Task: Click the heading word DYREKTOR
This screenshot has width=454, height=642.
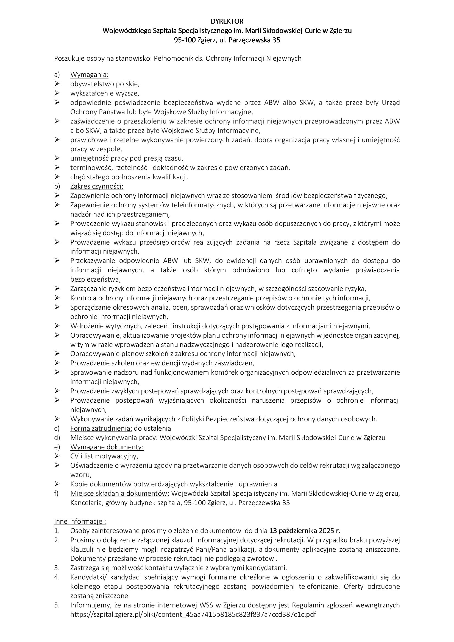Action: click(227, 21)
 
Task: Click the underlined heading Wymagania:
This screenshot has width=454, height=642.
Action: click(89, 75)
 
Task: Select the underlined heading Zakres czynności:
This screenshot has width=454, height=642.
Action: click(96, 186)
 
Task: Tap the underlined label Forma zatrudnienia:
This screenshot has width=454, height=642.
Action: click(101, 428)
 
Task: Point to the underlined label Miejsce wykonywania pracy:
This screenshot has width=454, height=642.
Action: click(114, 438)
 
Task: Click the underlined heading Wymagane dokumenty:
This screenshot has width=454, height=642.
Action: click(107, 447)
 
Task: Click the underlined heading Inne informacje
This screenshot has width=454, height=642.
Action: click(80, 522)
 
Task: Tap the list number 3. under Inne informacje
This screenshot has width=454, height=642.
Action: click(57, 568)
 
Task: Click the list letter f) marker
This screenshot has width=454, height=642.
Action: click(57, 493)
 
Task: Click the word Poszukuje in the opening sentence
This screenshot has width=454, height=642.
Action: click(67, 58)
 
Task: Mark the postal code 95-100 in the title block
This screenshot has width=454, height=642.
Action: click(184, 40)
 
